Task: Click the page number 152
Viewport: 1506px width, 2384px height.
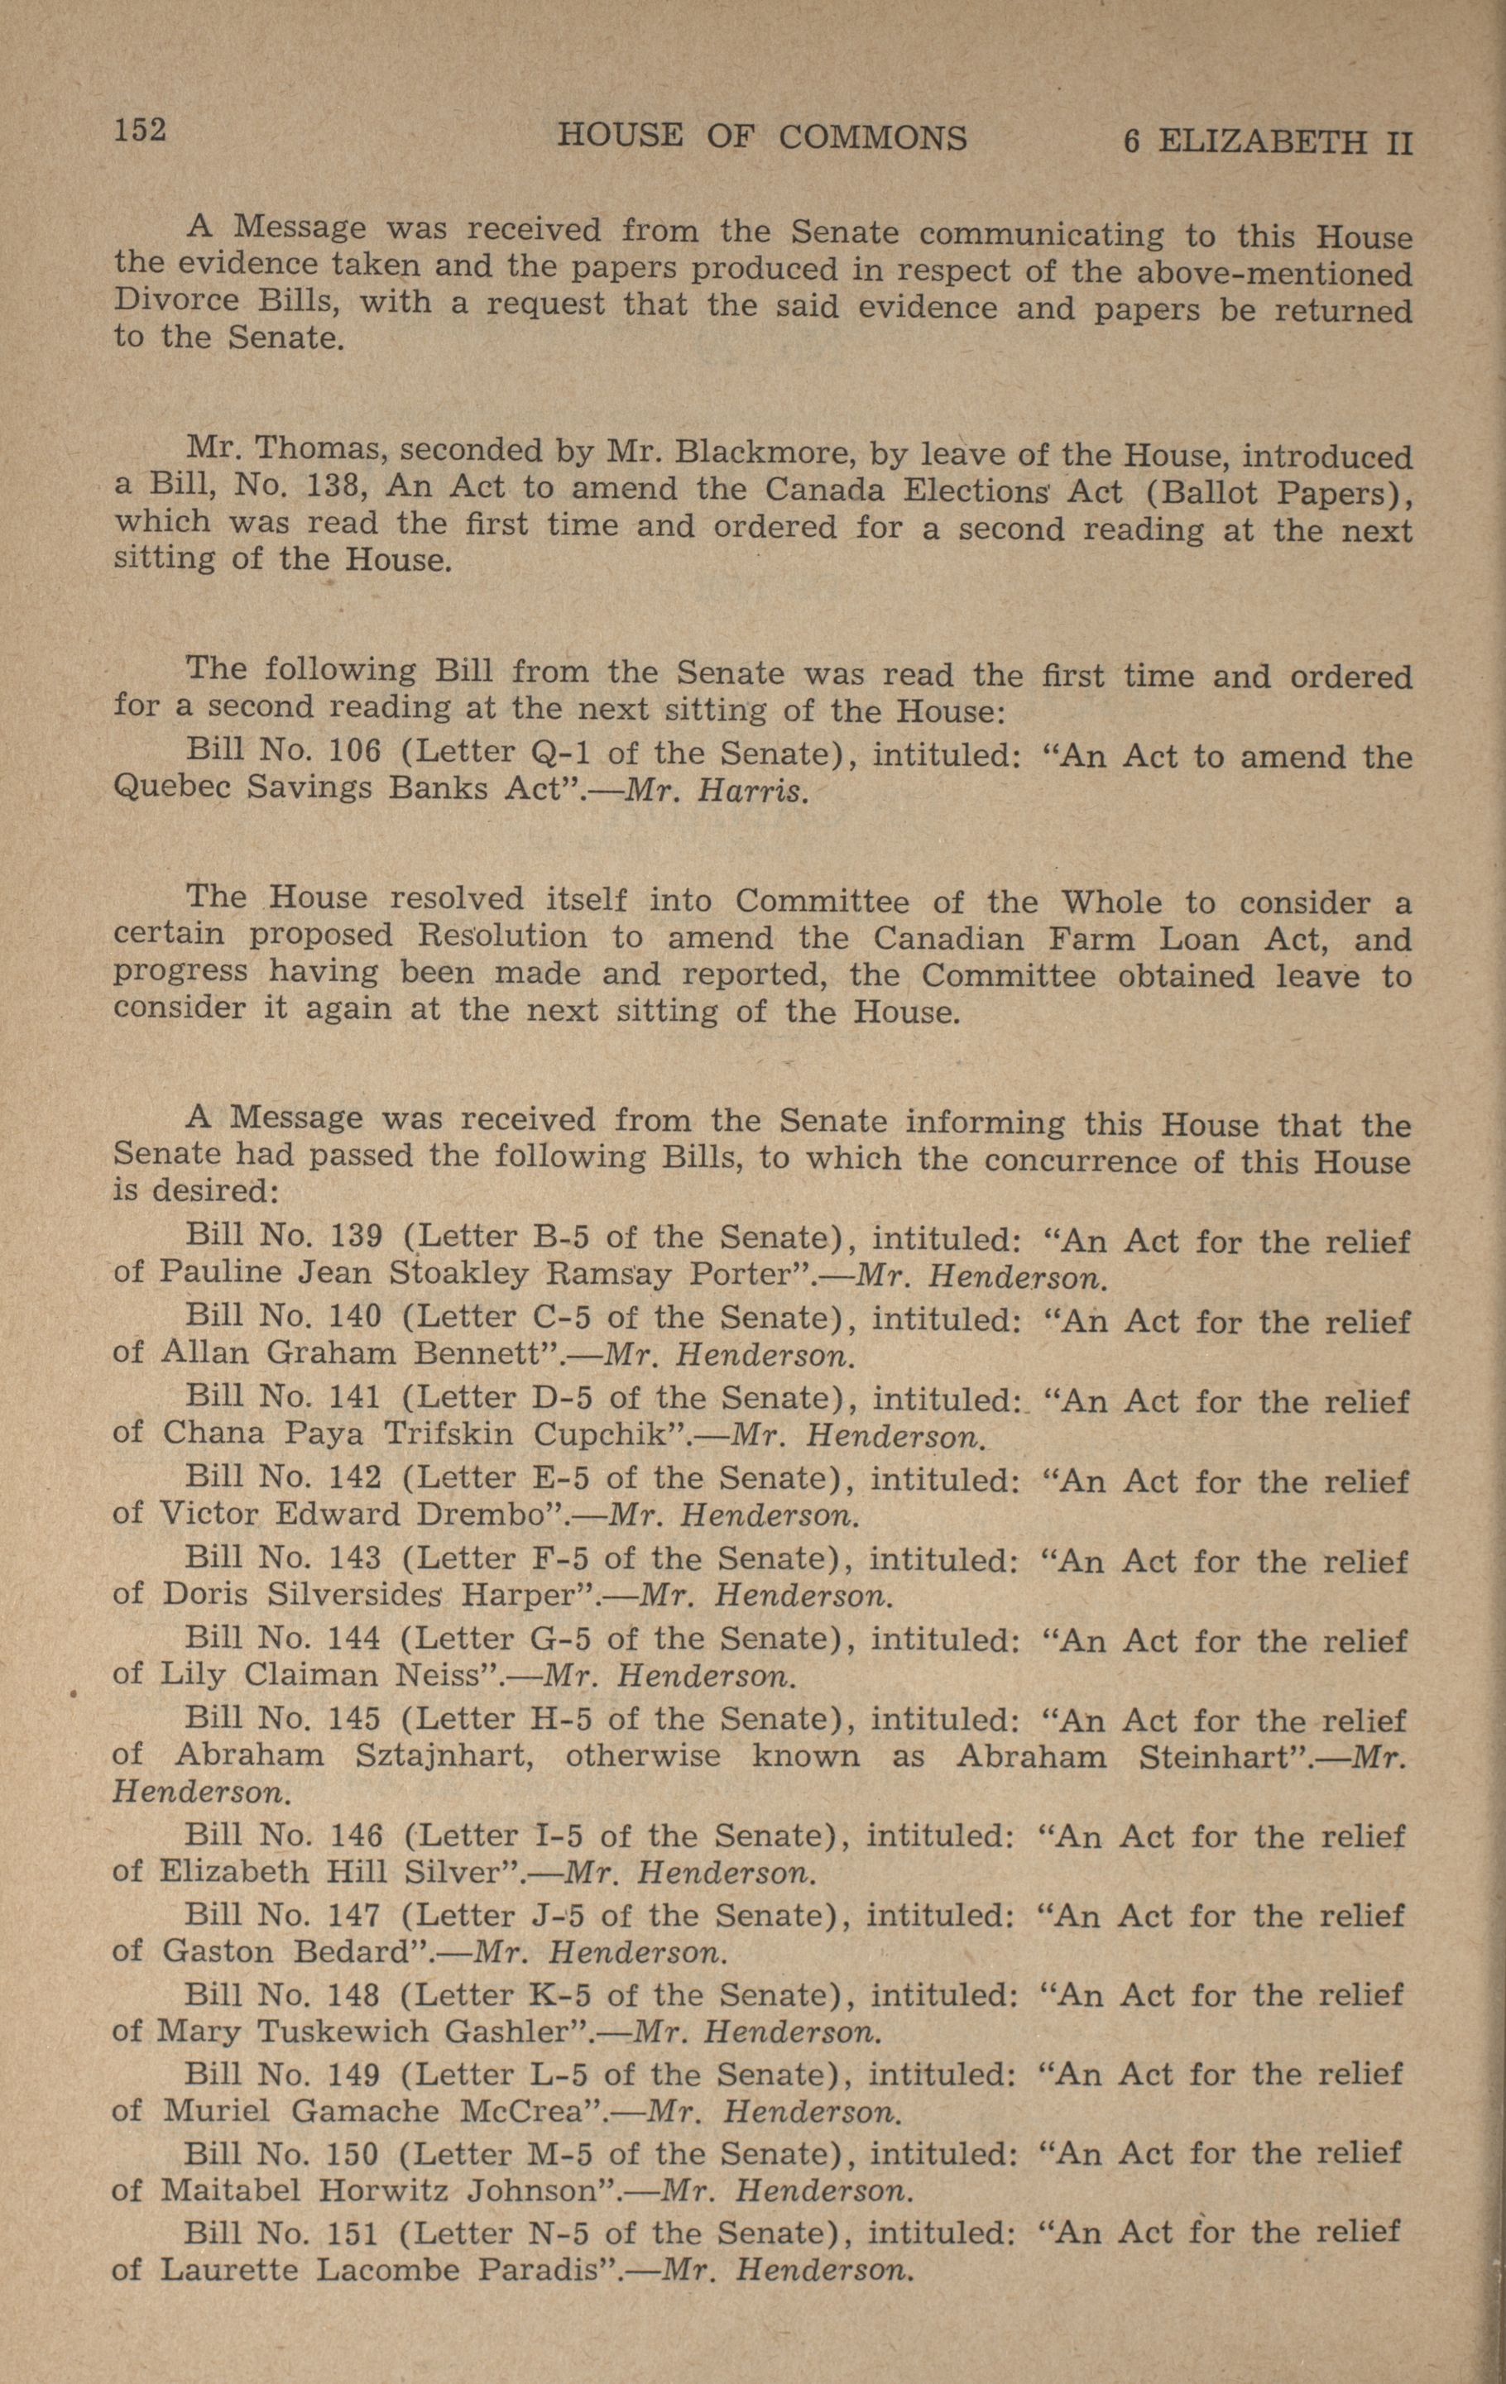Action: [140, 129]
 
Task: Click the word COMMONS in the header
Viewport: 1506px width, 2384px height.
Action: [872, 137]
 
